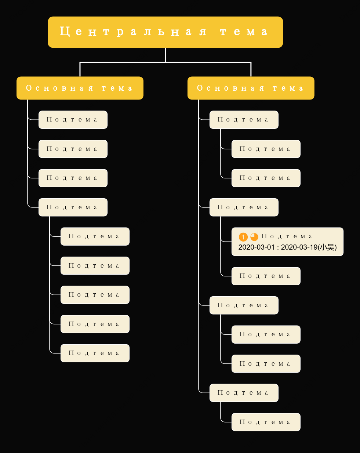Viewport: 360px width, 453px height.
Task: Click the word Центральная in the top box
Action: click(133, 32)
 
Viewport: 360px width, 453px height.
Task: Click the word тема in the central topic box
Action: click(244, 32)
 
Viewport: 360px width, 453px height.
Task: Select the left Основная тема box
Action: click(80, 88)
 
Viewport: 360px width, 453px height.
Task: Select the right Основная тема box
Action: click(251, 88)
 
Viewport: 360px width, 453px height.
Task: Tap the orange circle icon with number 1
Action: click(243, 237)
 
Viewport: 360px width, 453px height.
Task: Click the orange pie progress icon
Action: click(254, 237)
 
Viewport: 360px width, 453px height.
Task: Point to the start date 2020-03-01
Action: click(257, 247)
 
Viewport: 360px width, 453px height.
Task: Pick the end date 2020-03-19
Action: click(299, 247)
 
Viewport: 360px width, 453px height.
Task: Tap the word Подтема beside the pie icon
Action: click(287, 236)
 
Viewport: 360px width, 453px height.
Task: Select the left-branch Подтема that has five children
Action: click(73, 207)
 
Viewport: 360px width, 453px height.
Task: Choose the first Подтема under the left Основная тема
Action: click(73, 120)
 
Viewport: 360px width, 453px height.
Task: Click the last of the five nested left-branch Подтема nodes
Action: click(95, 353)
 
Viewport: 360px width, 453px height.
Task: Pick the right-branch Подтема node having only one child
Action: click(244, 393)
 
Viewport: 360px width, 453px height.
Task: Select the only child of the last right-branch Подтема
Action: click(266, 422)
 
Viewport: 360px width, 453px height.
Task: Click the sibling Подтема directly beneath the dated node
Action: click(266, 276)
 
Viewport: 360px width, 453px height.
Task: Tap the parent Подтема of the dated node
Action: click(244, 207)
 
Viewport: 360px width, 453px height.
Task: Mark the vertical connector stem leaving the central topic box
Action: click(166, 55)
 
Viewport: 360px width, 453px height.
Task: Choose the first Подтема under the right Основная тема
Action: click(244, 120)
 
